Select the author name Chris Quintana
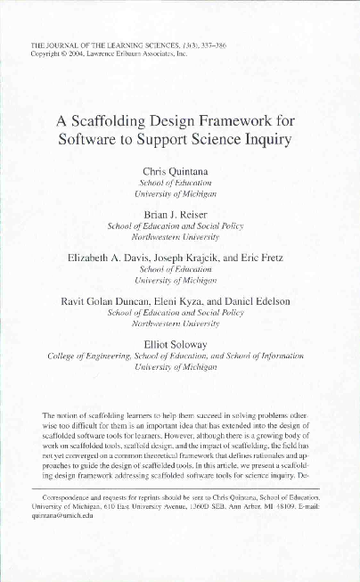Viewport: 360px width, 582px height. [x=180, y=170]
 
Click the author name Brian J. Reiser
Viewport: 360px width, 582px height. [x=180, y=215]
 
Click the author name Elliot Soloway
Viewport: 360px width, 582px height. [x=180, y=344]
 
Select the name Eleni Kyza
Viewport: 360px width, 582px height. [x=183, y=302]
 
